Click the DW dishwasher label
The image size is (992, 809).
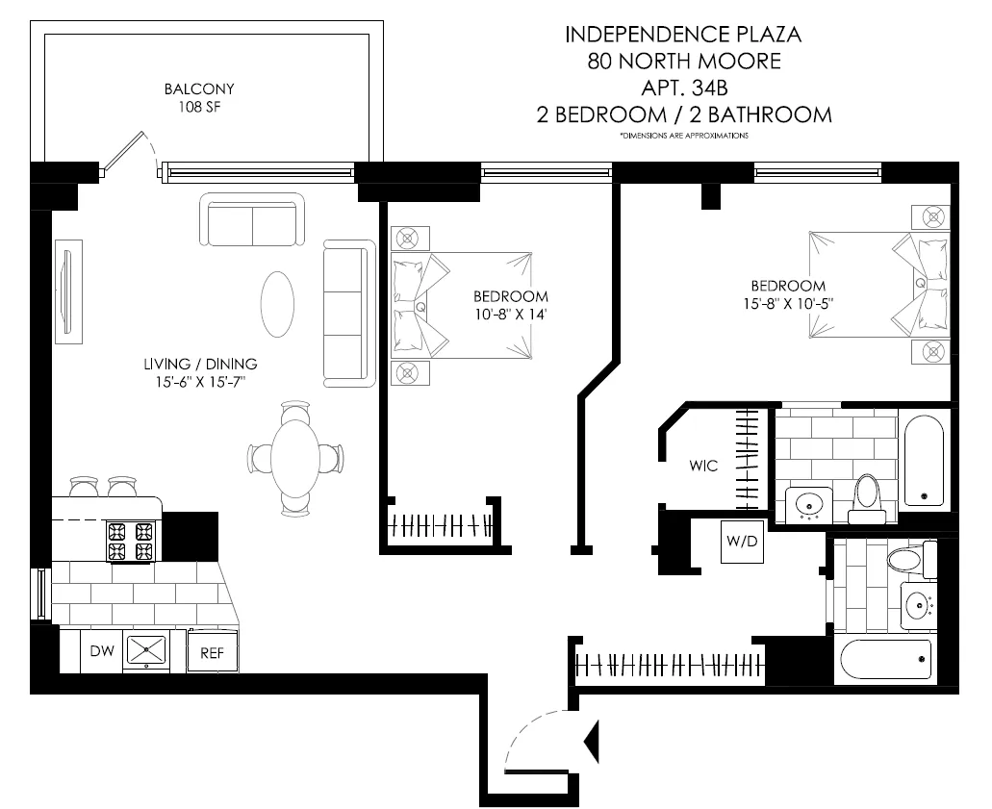tap(102, 651)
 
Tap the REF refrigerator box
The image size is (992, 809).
tap(212, 652)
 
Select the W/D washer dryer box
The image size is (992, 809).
tap(741, 543)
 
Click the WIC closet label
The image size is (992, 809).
tap(703, 465)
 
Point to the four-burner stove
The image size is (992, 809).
tap(131, 542)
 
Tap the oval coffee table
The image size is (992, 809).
tap(280, 304)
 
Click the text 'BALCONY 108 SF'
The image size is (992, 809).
tap(199, 98)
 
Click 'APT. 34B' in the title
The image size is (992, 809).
tap(683, 88)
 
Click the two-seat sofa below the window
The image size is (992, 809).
tap(252, 221)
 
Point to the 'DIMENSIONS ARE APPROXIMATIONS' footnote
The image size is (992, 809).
tap(683, 137)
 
